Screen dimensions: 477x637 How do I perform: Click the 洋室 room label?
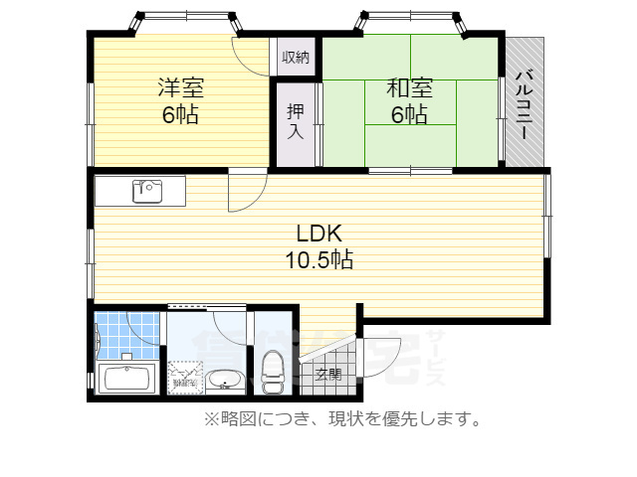click(x=180, y=87)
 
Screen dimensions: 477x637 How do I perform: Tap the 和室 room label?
click(x=409, y=87)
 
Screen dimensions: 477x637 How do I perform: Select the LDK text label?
click(x=319, y=234)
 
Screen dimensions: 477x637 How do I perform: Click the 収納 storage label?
click(x=295, y=57)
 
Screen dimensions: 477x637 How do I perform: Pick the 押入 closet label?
click(x=295, y=120)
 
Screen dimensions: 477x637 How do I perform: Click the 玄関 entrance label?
click(x=328, y=374)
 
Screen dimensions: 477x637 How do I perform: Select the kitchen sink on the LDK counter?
click(x=147, y=190)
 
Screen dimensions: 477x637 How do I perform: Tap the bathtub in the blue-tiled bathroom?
click(x=126, y=379)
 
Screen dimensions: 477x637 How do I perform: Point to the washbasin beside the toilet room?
click(x=225, y=381)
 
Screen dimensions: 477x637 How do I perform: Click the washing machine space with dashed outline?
click(x=185, y=375)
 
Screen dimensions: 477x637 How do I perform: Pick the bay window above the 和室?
click(x=411, y=21)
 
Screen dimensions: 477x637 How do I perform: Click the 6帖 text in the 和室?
click(x=409, y=114)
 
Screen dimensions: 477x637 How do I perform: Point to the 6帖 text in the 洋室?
click(x=180, y=114)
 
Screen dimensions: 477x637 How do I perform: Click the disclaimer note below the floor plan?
click(x=343, y=419)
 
